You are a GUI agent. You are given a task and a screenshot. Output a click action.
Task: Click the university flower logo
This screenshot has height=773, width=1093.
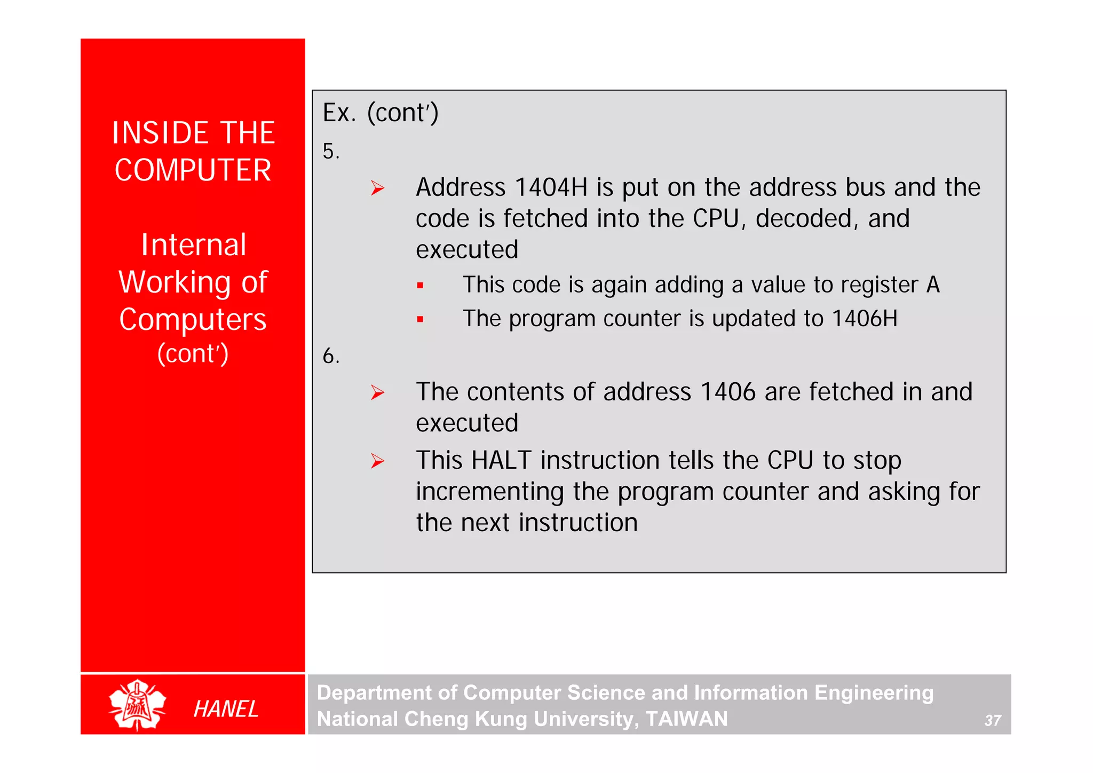tap(137, 704)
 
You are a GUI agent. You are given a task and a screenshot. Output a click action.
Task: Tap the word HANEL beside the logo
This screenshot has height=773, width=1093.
tap(226, 709)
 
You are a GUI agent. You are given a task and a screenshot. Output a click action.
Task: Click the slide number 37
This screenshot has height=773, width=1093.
tap(992, 721)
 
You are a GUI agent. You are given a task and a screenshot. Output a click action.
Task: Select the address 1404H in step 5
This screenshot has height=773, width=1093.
tap(551, 187)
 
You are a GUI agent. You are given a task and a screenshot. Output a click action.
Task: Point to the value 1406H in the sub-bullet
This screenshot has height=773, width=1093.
tap(865, 319)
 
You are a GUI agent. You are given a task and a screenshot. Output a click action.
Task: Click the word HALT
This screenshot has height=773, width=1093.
tap(502, 460)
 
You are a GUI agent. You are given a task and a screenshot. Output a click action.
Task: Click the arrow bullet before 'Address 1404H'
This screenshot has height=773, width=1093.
tap(377, 188)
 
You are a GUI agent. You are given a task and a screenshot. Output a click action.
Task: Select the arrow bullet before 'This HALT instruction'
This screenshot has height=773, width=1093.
tap(377, 461)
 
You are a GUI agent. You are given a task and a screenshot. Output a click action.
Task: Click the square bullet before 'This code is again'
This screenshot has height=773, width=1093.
tap(421, 286)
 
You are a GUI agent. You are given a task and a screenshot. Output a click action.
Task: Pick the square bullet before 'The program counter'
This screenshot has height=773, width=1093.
tap(421, 320)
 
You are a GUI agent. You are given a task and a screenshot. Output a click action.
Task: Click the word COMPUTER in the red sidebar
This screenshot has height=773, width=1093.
tap(193, 170)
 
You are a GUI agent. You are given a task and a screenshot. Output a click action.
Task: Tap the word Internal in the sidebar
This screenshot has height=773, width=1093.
tap(193, 245)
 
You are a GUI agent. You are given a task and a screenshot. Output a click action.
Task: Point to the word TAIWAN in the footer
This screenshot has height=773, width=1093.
tap(686, 719)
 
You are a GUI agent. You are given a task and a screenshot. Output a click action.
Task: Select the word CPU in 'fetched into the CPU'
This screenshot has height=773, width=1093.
tap(716, 218)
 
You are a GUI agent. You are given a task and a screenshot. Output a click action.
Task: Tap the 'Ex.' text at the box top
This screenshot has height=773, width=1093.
tap(339, 113)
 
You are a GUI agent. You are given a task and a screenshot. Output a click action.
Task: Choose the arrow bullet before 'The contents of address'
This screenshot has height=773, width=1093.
tap(377, 392)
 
